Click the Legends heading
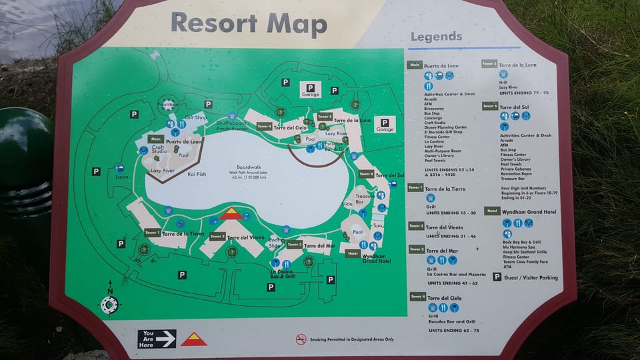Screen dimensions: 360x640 (436, 37)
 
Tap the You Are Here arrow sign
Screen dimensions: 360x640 (157, 339)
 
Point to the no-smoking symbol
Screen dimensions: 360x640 (301, 339)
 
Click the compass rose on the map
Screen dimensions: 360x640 (109, 303)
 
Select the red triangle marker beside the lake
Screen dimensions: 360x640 (231, 213)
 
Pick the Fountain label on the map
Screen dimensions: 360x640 (167, 104)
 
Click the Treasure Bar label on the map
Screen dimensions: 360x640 (365, 199)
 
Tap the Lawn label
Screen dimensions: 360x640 (121, 177)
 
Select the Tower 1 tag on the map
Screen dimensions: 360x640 (152, 233)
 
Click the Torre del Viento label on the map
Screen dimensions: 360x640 (246, 237)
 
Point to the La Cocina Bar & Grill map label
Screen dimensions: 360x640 (283, 273)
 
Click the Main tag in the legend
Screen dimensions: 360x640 (415, 65)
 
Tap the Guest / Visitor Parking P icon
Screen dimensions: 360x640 (497, 277)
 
